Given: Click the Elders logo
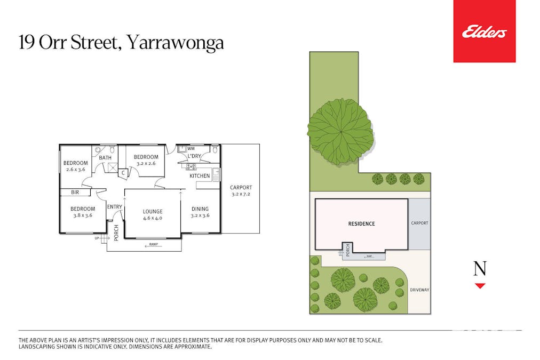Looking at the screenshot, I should coord(484,33).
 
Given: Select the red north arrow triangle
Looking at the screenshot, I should coord(480,286).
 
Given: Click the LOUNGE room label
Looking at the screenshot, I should coord(152,212).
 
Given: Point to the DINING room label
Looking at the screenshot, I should coord(200,209).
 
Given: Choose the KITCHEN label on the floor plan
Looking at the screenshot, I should coord(200,176).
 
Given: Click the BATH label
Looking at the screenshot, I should coord(105,157).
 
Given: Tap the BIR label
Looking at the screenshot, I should coord(75,193).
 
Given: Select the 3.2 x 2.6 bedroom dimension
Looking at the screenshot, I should coord(146,164).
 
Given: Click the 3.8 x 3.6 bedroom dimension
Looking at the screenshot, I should coord(83,215).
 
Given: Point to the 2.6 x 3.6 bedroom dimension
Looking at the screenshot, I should coord(75,170).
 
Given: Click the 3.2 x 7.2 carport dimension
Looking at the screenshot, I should coord(241,194).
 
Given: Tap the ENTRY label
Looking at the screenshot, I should coord(114,207).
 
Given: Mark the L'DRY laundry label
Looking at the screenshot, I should coord(194,156).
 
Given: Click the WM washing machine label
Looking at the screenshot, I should coord(191,148).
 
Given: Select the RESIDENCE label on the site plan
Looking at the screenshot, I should coord(361,223).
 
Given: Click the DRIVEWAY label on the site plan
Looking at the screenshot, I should coord(419,290).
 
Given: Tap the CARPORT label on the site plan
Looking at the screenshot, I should coord(419,223).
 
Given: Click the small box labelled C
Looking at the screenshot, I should coord(123,172).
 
